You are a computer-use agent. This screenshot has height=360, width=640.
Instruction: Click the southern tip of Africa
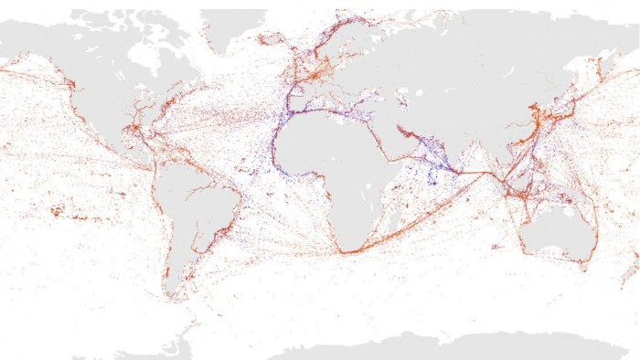[x=342, y=250]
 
